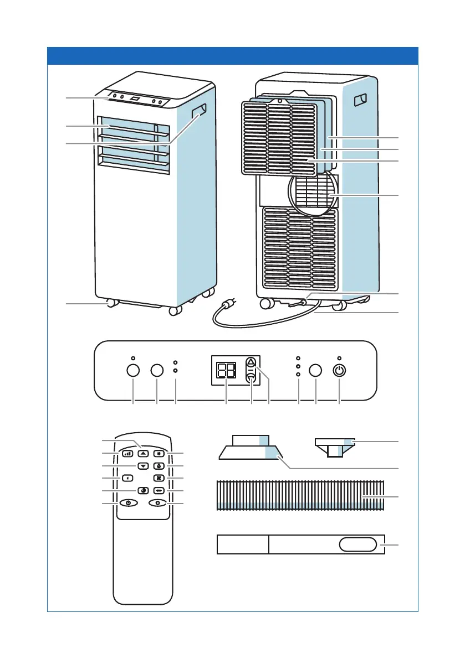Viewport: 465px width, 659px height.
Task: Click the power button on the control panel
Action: point(339,370)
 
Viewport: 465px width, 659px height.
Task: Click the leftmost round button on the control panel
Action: point(134,370)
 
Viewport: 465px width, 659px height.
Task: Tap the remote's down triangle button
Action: point(143,466)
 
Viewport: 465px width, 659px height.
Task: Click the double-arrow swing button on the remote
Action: point(159,490)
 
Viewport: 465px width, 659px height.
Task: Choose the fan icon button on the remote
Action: point(159,478)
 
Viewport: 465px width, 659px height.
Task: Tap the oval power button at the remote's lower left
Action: point(128,503)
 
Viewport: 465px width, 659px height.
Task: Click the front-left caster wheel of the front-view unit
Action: point(112,303)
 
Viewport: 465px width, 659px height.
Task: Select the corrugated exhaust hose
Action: point(299,495)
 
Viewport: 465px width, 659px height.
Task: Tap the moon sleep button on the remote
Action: point(143,490)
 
